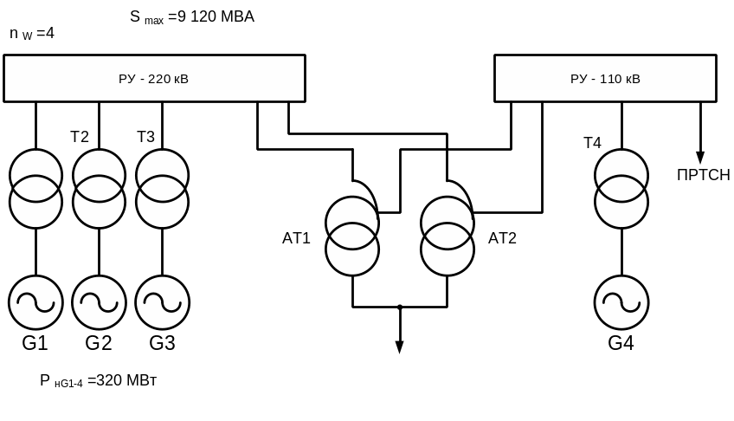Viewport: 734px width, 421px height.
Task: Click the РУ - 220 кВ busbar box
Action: click(x=154, y=79)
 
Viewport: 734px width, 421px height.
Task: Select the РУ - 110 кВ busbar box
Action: click(x=605, y=79)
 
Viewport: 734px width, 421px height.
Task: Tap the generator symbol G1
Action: click(x=35, y=302)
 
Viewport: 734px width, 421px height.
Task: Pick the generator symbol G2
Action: click(x=99, y=302)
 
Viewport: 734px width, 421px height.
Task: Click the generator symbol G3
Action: click(x=162, y=302)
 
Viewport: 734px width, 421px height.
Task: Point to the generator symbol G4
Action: click(x=621, y=302)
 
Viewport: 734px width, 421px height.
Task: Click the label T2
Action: click(x=80, y=137)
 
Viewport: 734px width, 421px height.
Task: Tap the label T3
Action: click(x=145, y=137)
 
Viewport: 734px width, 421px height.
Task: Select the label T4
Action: click(x=592, y=143)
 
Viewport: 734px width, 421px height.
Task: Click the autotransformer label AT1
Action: click(x=296, y=238)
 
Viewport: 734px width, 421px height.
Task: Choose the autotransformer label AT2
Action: click(x=502, y=238)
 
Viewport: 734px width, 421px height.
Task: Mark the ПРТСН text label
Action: click(x=704, y=175)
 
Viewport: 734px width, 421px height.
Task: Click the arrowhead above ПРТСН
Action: click(x=700, y=158)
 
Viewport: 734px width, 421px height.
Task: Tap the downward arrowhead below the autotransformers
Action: click(x=400, y=347)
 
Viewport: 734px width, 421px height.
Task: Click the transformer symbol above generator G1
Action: click(x=35, y=189)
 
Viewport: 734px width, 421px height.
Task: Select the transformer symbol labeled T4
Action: click(x=621, y=189)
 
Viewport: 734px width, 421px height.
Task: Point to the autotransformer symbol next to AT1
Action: click(x=352, y=236)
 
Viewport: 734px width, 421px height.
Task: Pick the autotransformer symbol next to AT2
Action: click(x=447, y=236)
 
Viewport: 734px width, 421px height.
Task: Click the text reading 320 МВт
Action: click(x=126, y=380)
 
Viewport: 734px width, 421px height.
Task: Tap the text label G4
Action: click(x=621, y=343)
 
